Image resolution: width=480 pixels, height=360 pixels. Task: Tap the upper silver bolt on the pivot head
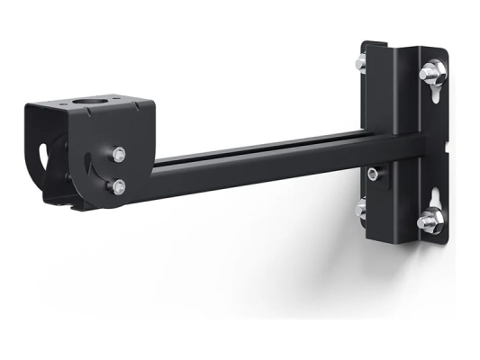[x=118, y=154]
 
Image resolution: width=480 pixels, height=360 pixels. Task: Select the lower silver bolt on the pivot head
[x=119, y=186]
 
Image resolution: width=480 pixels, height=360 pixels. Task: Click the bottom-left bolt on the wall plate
[x=360, y=208]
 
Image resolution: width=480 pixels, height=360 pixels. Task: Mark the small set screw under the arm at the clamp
[x=373, y=172]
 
